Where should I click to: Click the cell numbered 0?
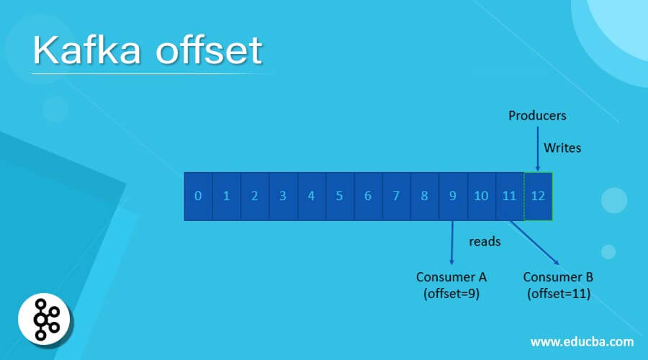click(198, 196)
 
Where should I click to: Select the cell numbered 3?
click(283, 196)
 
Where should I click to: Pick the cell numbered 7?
click(396, 196)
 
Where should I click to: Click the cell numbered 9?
click(453, 196)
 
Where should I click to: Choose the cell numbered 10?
click(481, 196)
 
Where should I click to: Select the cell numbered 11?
click(510, 196)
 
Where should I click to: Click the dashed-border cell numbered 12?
click(538, 196)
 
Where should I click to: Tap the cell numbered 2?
click(255, 196)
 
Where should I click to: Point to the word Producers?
click(537, 115)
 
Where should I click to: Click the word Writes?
click(562, 148)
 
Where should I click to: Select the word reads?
click(485, 241)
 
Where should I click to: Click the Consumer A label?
click(451, 284)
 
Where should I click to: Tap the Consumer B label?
click(558, 284)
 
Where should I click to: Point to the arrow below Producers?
click(538, 148)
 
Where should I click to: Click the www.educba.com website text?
click(582, 341)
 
